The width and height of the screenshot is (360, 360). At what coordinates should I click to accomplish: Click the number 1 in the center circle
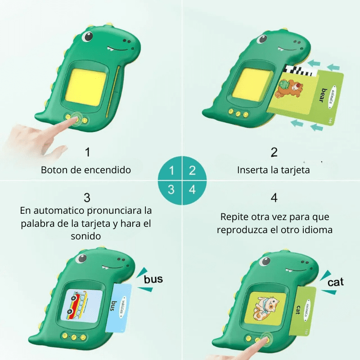pyautogui.click(x=171, y=171)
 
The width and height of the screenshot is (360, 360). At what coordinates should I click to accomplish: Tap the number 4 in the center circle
pyautogui.click(x=192, y=189)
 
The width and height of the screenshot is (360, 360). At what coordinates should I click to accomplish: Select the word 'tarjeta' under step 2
pyautogui.click(x=295, y=170)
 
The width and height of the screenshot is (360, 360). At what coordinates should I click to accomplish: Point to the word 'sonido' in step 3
pyautogui.click(x=87, y=236)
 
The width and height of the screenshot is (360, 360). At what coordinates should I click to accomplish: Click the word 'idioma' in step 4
pyautogui.click(x=317, y=229)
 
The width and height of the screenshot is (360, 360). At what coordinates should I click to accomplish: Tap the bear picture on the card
pyautogui.click(x=288, y=87)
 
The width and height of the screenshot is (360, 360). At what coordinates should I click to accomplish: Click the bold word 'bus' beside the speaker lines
pyautogui.click(x=153, y=279)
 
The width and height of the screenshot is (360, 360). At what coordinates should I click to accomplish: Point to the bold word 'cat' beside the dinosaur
pyautogui.click(x=335, y=282)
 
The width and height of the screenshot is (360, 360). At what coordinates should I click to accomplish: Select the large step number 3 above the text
pyautogui.click(x=87, y=198)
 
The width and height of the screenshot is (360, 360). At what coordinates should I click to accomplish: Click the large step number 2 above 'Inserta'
pyautogui.click(x=274, y=152)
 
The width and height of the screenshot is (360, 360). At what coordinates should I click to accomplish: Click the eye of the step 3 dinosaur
pyautogui.click(x=81, y=258)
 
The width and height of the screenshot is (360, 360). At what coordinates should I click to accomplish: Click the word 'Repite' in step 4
pyautogui.click(x=235, y=217)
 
